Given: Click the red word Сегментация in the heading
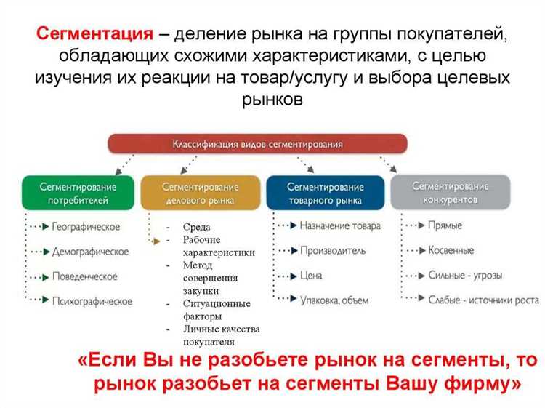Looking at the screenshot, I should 95,33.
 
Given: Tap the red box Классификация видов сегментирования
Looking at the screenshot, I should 257,143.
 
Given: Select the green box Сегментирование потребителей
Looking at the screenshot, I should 78,193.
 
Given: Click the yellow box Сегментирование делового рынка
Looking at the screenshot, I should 201,193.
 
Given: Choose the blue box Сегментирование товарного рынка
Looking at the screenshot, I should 325,193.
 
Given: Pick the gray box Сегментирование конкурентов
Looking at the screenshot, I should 451,192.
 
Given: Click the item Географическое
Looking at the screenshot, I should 86,227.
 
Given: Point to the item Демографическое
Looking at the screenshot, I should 90,252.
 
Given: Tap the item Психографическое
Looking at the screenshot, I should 92,301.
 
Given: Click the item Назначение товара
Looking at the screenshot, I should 340,226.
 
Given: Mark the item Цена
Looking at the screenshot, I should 311,276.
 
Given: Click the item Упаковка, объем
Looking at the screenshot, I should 334,300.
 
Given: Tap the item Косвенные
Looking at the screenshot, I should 451,251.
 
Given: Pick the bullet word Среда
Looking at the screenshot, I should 197,227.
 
